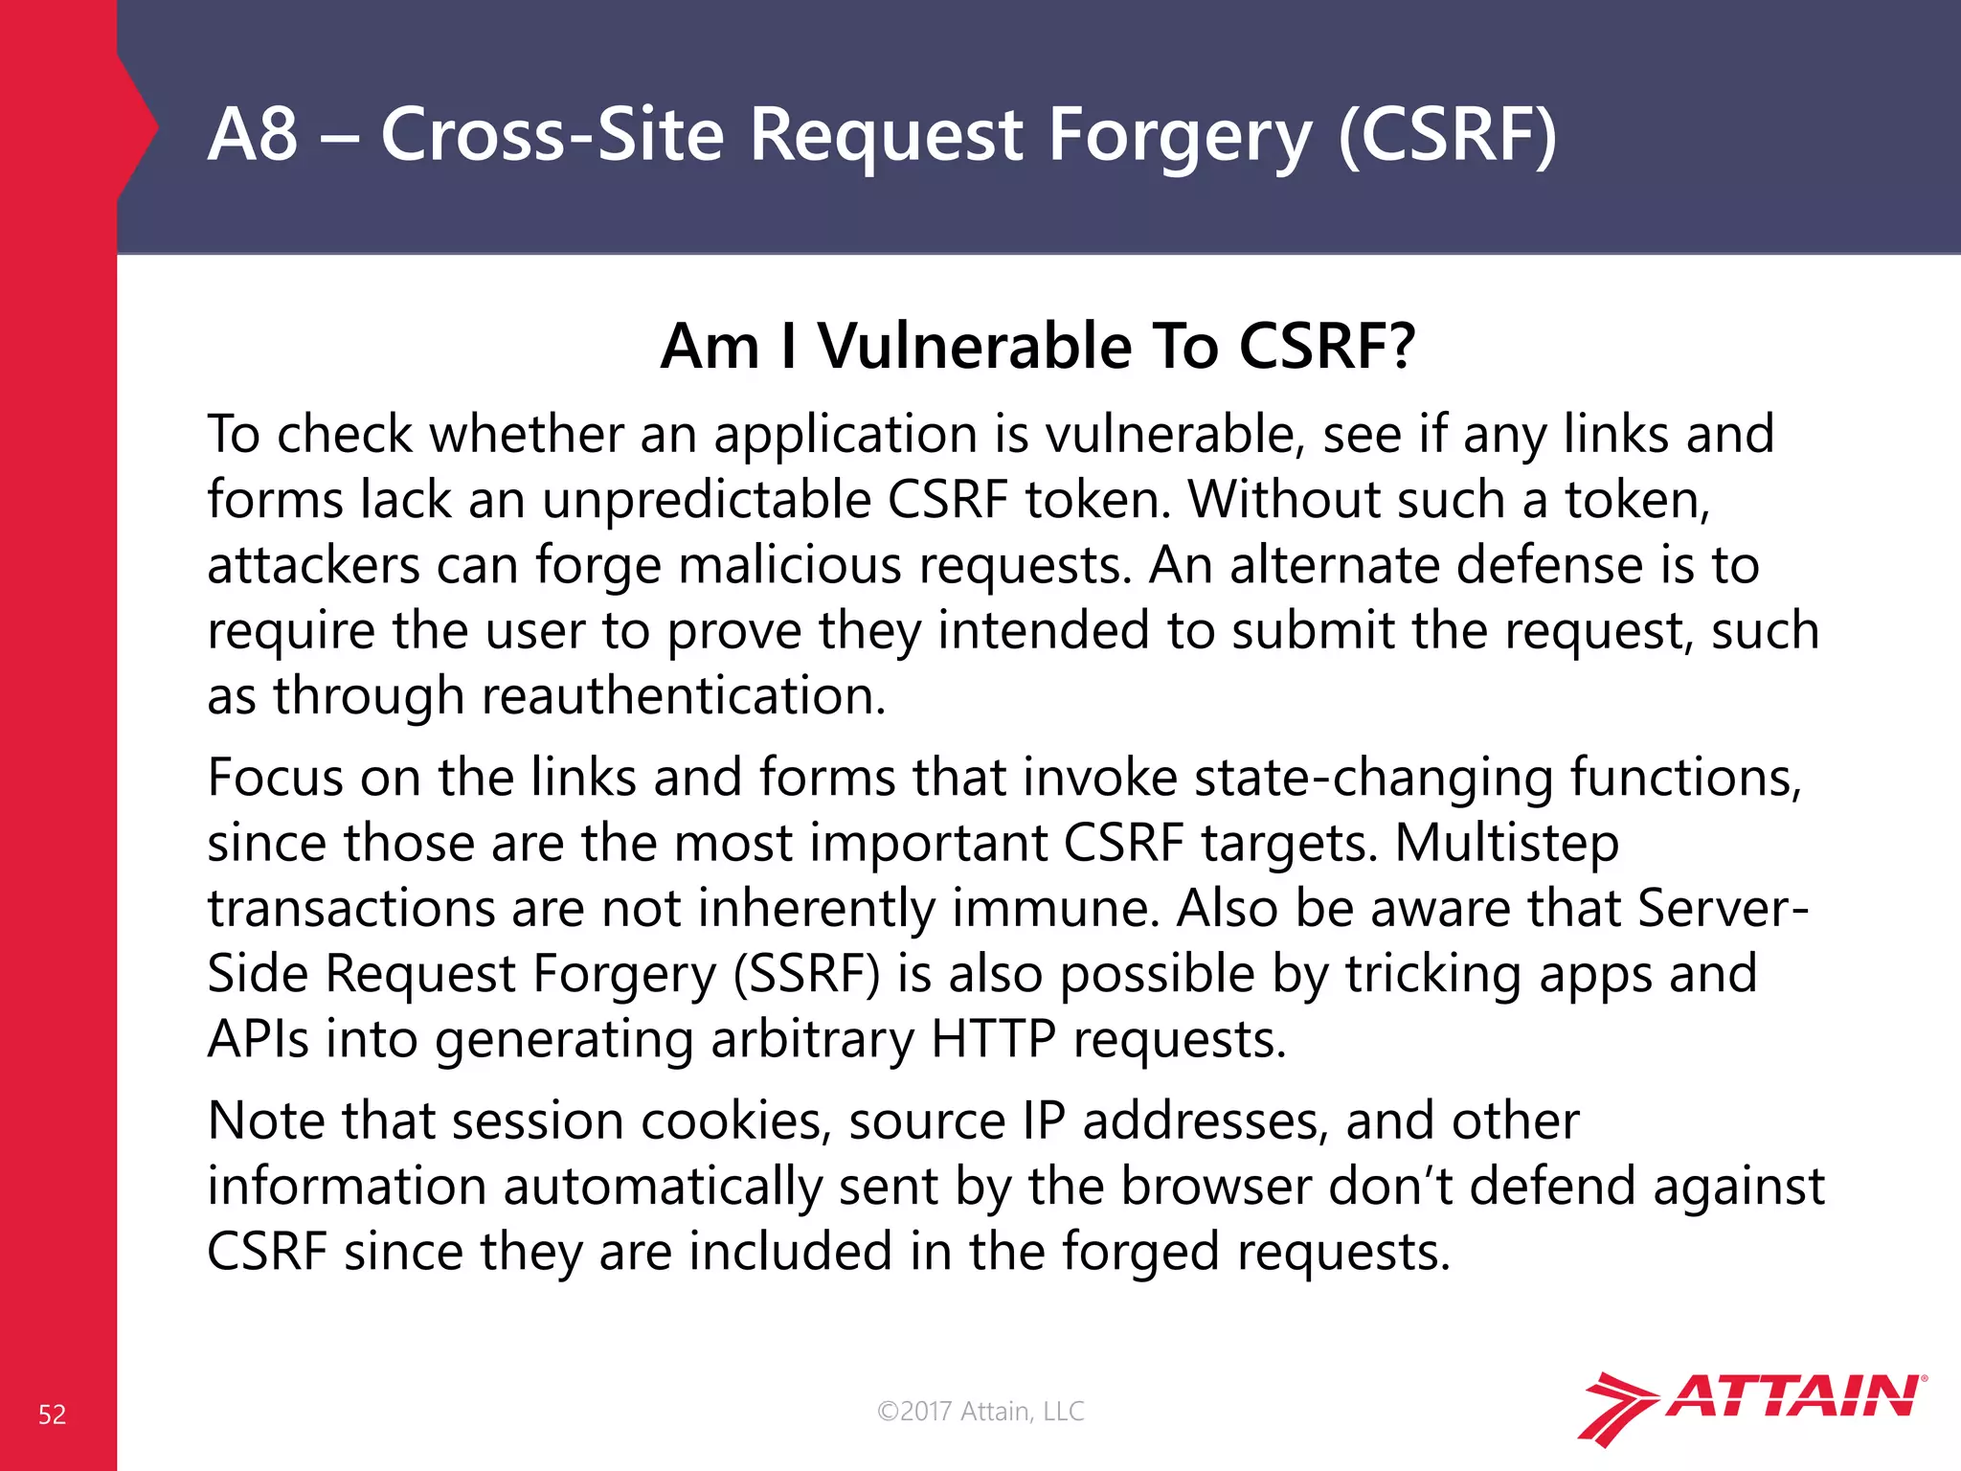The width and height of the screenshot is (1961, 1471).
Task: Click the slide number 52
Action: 52,1414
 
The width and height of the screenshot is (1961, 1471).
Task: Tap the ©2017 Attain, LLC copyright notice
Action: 980,1411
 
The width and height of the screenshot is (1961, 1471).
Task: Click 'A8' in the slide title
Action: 253,134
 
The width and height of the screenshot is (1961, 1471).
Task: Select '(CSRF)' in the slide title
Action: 1447,134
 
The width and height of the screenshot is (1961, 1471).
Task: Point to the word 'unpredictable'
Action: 706,500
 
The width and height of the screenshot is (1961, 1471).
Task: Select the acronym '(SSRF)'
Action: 806,974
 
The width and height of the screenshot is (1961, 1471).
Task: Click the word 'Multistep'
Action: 1506,843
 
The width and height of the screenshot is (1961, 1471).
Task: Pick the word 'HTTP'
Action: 993,1039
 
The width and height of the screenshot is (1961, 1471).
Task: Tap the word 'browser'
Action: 1216,1186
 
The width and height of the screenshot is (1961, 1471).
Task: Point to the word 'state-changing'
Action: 1372,778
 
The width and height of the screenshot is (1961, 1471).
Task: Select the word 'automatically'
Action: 663,1186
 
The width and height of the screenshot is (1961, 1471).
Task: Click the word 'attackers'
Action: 313,565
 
